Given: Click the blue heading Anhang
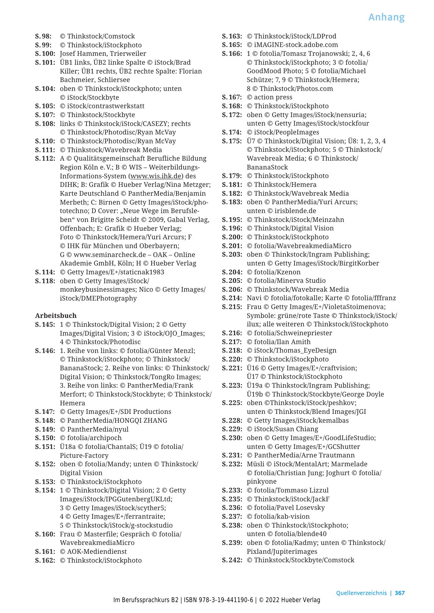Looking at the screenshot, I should click(x=386, y=17).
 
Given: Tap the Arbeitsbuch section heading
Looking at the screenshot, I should click(x=56, y=316).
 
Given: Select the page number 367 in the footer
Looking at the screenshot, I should click(x=400, y=593).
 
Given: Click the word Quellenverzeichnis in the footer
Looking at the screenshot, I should click(x=361, y=593).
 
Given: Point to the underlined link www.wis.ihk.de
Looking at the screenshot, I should click(x=157, y=176).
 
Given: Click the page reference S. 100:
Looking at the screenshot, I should click(x=45, y=54).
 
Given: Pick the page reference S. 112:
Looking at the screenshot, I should click(x=45, y=159).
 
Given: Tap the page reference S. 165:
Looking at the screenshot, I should click(x=232, y=45).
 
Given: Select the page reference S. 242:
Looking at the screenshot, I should click(x=232, y=560).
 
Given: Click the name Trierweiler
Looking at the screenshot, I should click(x=128, y=54).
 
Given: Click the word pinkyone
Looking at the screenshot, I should click(x=261, y=481).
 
